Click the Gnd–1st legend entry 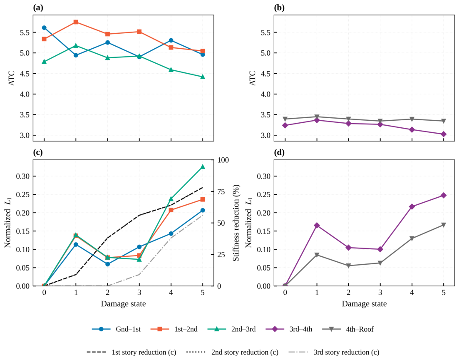116,329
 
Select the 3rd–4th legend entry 289,329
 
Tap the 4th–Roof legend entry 348,329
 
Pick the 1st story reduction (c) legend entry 131,352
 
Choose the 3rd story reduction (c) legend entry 334,352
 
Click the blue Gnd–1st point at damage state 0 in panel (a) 44,27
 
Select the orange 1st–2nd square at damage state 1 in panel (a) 76,22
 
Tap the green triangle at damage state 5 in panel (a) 203,77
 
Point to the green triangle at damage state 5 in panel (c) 203,167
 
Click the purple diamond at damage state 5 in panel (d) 444,195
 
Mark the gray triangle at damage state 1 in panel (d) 317,255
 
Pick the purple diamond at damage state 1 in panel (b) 317,120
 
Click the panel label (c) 38,152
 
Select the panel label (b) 279,8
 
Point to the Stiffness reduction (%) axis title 236,223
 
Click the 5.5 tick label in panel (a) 25,32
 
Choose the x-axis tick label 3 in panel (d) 380,293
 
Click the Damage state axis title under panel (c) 123,304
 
